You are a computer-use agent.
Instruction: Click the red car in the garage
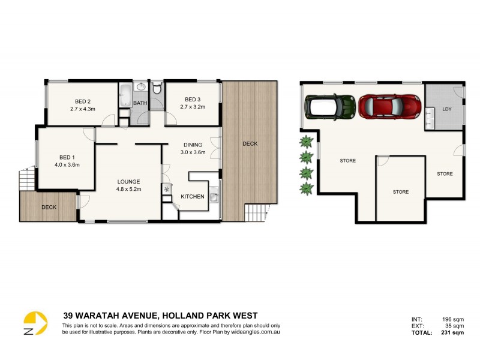[389, 106]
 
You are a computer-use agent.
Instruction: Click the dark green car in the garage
[331, 107]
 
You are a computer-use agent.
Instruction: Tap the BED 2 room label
[83, 101]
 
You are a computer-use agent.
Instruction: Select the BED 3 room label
[193, 99]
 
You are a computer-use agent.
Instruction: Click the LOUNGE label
[128, 181]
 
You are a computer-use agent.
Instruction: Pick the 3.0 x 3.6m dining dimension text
[193, 152]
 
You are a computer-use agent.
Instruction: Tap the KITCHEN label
[193, 196]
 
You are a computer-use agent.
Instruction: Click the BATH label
[140, 103]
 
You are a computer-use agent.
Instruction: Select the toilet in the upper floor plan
[157, 89]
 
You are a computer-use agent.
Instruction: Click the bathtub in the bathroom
[125, 95]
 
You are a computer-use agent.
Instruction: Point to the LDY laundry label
[446, 109]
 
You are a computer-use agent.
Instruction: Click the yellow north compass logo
[35, 322]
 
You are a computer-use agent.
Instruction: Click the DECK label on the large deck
[250, 143]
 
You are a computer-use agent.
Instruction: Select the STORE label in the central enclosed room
[400, 192]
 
